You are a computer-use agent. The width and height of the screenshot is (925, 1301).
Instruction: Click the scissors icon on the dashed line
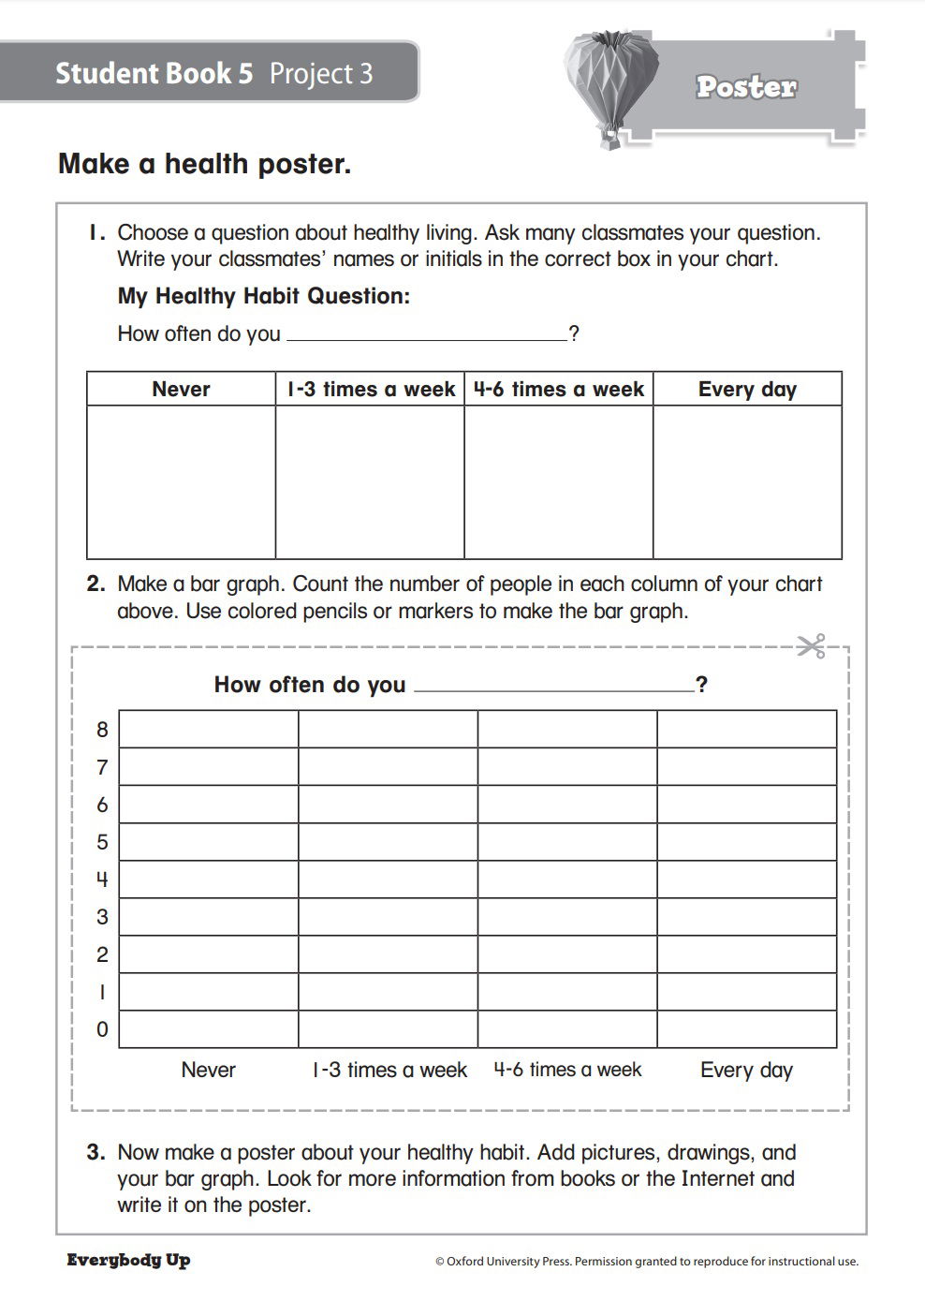tap(811, 646)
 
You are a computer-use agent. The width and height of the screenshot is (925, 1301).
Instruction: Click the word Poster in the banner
tap(746, 87)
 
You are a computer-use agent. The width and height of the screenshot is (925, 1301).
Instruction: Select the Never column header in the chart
tap(181, 390)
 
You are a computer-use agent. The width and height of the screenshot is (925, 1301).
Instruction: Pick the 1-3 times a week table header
tap(371, 390)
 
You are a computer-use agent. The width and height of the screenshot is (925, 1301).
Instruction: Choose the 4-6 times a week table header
tap(559, 390)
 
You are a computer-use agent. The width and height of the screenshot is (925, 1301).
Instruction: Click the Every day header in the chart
tap(747, 390)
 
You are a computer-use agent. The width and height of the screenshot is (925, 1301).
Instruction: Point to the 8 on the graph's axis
tap(102, 730)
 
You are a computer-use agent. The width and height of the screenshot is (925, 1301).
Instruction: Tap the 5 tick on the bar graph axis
tap(102, 842)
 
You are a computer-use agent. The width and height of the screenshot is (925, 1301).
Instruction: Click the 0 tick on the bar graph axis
tap(102, 1029)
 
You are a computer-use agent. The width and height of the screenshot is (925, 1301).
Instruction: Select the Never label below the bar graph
tap(209, 1070)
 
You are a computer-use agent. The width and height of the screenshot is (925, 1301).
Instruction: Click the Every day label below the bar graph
tap(746, 1070)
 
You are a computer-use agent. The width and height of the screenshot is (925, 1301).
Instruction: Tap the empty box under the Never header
tap(181, 482)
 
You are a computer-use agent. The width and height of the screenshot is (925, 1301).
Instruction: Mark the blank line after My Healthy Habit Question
tap(426, 337)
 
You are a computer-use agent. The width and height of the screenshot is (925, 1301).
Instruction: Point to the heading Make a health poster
tap(204, 164)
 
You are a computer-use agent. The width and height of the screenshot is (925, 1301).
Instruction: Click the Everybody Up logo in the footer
tap(128, 1260)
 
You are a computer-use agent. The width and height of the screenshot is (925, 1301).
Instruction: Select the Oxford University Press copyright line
tap(646, 1262)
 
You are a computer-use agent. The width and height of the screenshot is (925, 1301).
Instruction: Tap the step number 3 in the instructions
tap(95, 1153)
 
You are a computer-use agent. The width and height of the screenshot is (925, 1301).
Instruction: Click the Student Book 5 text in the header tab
tap(154, 73)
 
